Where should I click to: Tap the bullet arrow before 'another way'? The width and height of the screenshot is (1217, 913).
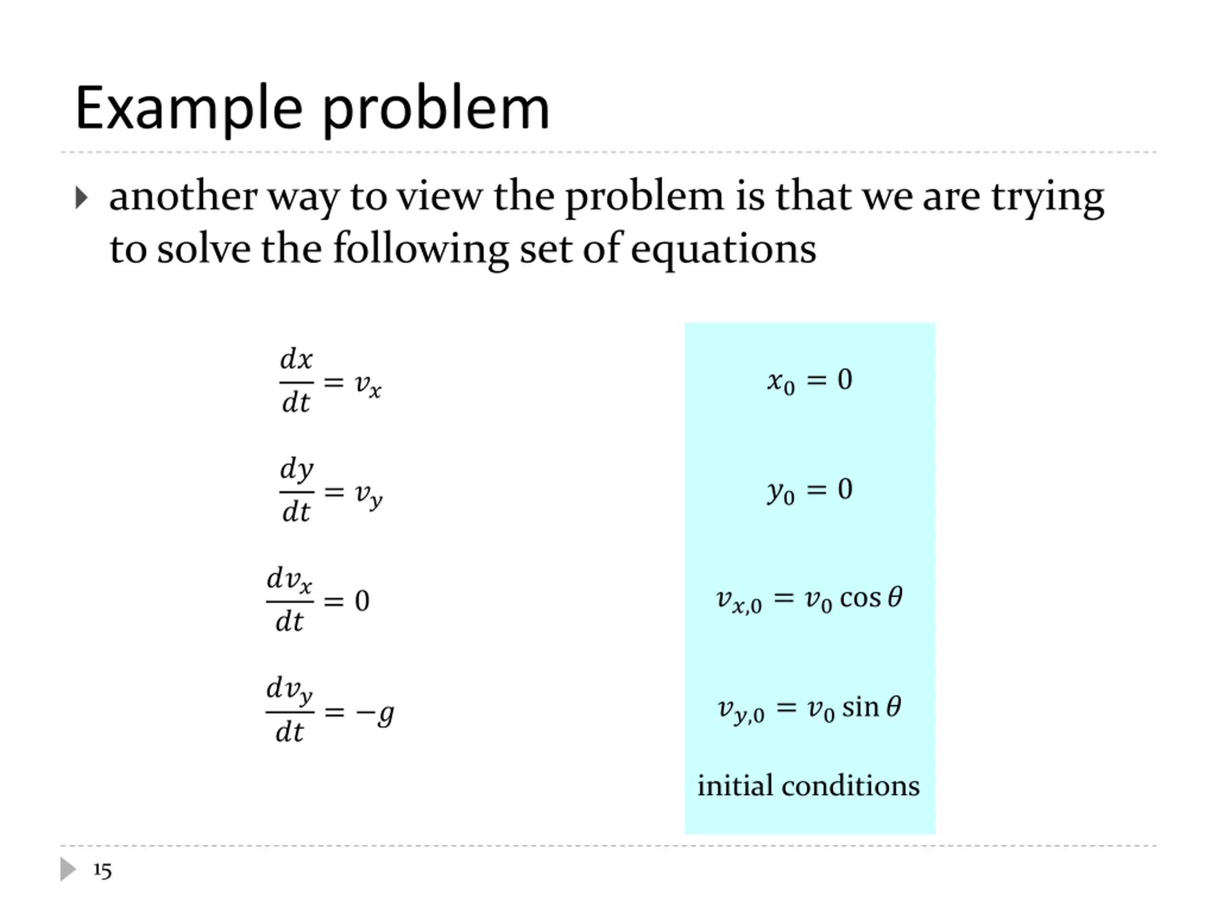point(81,197)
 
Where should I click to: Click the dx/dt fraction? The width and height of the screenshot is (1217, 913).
point(296,381)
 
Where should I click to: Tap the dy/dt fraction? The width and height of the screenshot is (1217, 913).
point(297,490)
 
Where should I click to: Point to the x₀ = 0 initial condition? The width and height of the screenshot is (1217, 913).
point(809,380)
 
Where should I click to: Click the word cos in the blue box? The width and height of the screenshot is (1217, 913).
point(860,598)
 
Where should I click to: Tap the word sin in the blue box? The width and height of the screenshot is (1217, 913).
point(860,707)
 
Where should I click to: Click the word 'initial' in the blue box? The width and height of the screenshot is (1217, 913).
point(735,786)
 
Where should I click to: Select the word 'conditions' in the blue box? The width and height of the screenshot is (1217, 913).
point(850,786)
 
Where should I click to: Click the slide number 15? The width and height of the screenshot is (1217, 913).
point(102,871)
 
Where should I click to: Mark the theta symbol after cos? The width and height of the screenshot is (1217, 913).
point(895,597)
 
